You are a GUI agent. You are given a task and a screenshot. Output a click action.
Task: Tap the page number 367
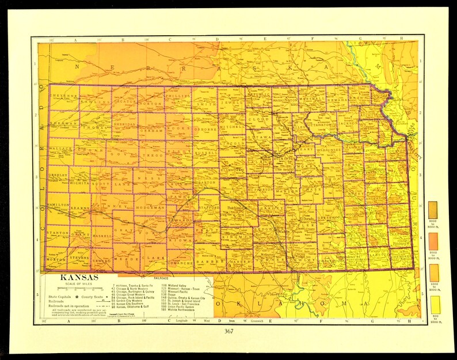[229, 331]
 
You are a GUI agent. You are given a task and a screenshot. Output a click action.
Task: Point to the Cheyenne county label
[64, 96]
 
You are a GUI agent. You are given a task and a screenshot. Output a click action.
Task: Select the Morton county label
[56, 259]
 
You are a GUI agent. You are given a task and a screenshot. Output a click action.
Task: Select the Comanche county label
[183, 262]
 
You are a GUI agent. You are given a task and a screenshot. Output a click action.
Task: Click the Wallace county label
[60, 148]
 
